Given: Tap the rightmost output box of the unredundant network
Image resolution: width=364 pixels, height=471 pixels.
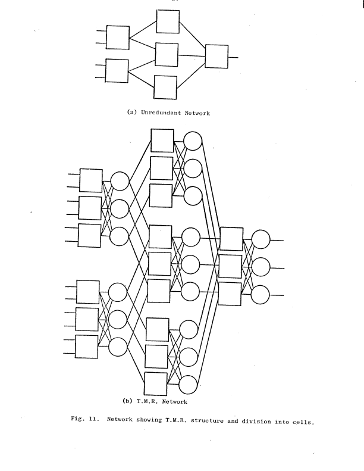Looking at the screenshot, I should tap(216, 57).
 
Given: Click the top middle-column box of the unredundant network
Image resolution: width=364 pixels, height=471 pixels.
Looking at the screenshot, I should tap(168, 22).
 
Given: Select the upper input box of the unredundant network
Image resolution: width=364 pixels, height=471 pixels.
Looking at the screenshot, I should tap(118, 37).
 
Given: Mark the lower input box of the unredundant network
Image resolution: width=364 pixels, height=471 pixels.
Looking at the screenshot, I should tap(117, 71).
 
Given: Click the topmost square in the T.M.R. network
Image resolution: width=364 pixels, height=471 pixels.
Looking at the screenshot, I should tap(162, 140).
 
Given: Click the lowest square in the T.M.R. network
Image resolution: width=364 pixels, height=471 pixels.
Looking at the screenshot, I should tap(156, 383).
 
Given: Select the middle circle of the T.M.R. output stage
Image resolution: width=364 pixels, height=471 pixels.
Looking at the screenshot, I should tap(261, 267).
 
